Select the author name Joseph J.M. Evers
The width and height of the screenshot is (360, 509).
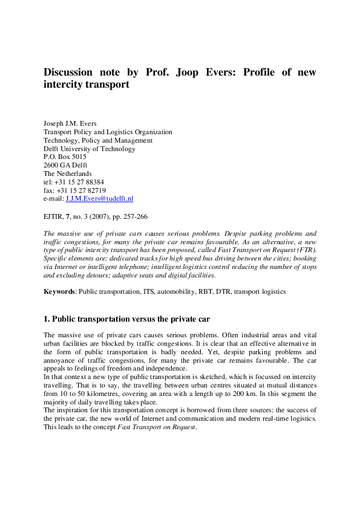70,123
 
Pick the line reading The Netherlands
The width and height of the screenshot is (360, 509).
68,173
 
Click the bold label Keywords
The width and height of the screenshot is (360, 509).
59,291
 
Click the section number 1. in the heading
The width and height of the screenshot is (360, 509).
47,319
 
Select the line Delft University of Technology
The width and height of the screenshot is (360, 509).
89,149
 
